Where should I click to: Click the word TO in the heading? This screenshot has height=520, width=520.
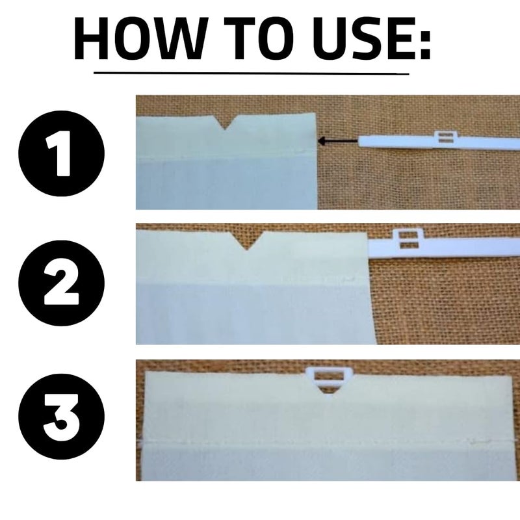tap(259, 39)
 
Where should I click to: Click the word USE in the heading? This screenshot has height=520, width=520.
tap(360, 39)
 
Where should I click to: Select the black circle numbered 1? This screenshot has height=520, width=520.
tap(61, 153)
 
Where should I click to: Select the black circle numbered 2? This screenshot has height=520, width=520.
tap(61, 283)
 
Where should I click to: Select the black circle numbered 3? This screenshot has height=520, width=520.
tap(61, 416)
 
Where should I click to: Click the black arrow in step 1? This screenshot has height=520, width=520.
tap(337, 141)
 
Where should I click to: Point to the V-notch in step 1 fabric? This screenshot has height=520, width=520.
tap(226, 122)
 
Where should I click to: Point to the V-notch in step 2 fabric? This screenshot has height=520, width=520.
tap(247, 240)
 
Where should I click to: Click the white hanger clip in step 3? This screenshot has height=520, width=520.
tap(328, 379)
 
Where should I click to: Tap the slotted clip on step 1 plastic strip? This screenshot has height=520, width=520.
tap(444, 137)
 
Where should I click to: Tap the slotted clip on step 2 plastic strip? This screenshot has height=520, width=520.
tap(408, 239)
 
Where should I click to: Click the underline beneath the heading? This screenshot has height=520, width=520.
tap(251, 73)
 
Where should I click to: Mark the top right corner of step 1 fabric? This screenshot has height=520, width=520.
tap(315, 114)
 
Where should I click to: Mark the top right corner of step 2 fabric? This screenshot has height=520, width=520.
tap(367, 233)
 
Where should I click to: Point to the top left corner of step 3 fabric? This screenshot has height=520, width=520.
tap(145, 371)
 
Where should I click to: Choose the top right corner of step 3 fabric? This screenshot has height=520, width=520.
tap(512, 376)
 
